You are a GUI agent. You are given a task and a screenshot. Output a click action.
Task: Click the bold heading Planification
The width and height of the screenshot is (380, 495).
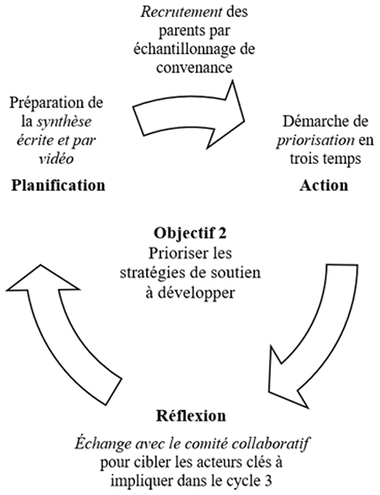(x=58, y=185)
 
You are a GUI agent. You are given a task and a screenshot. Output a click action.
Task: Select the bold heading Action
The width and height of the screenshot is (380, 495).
(x=323, y=185)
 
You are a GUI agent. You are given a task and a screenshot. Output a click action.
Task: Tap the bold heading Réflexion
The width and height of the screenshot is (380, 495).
(x=191, y=416)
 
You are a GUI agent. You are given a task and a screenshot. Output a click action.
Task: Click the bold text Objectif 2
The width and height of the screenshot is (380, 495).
(x=190, y=233)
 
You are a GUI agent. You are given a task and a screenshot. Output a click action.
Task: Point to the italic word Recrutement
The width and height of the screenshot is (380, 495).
(x=182, y=12)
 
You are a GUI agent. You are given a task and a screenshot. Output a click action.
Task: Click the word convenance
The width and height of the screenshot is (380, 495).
(x=194, y=68)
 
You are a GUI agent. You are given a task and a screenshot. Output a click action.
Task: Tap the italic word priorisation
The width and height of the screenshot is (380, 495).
(x=316, y=140)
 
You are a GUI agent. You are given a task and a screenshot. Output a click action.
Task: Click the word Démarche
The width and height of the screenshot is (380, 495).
(x=312, y=122)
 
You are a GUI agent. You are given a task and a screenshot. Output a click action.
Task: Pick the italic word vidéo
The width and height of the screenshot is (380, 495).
(x=57, y=158)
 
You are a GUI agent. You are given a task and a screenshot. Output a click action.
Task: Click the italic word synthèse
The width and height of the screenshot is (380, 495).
(x=64, y=122)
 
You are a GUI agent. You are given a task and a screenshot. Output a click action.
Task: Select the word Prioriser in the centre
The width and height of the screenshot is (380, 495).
(x=175, y=253)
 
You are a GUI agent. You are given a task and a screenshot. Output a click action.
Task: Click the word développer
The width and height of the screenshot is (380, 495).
(x=196, y=293)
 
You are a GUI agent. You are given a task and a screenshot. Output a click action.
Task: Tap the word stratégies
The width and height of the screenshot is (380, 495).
(x=145, y=273)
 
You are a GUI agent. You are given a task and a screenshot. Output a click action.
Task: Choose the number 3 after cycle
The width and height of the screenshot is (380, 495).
(x=267, y=481)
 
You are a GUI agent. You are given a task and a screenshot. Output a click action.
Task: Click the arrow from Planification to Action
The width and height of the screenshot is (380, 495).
(x=189, y=116)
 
